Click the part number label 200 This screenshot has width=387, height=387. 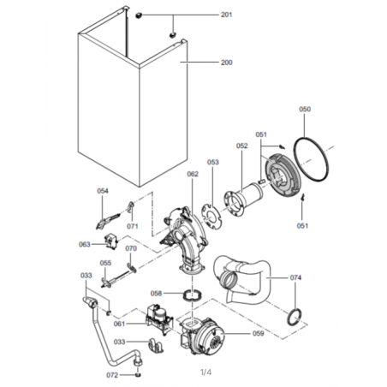click(x=227, y=63)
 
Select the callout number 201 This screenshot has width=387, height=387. click(x=227, y=15)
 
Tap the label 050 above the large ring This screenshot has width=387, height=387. click(x=305, y=109)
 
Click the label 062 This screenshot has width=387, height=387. click(x=193, y=174)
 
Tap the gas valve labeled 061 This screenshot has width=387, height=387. click(x=156, y=319)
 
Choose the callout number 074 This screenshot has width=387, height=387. click(x=295, y=277)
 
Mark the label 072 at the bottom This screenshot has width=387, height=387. click(x=112, y=375)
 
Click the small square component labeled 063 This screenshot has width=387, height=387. click(x=111, y=241)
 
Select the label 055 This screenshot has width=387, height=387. click(x=105, y=263)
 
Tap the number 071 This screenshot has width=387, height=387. click(x=133, y=226)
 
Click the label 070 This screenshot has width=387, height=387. click(x=131, y=248)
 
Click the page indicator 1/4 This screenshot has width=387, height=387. click(x=206, y=372)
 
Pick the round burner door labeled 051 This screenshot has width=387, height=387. click(x=283, y=176)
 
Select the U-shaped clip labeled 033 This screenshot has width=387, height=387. click(x=156, y=345)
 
